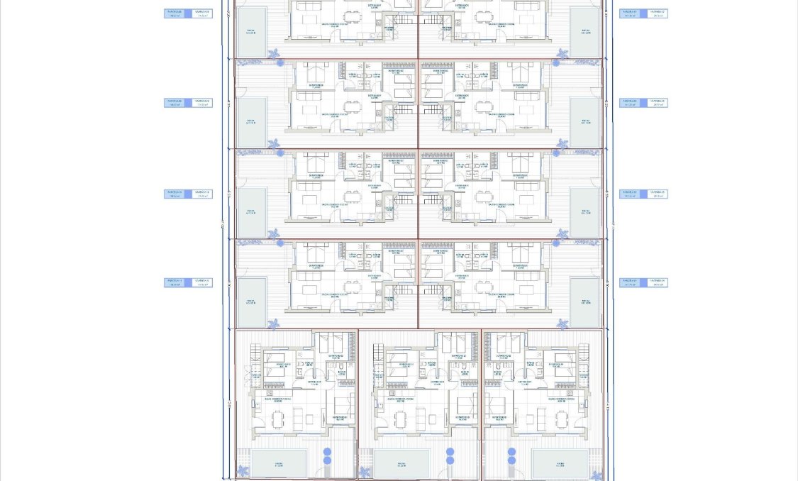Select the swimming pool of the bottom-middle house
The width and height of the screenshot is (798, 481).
tap(401, 463)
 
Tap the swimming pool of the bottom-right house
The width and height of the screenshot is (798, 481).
tap(561, 463)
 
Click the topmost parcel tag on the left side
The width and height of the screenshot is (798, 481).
tap(188, 13)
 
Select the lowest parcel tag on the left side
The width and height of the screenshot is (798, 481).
tap(188, 282)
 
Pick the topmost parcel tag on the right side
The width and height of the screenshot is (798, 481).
tap(643, 13)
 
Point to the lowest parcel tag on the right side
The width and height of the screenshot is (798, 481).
tap(643, 282)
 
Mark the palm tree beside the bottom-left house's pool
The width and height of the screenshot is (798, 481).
tap(243, 470)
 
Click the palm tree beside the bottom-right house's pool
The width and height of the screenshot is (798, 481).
tap(598, 470)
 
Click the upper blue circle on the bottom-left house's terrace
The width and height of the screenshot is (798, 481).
tap(327, 452)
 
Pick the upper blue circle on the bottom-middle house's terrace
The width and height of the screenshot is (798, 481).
tap(450, 452)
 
